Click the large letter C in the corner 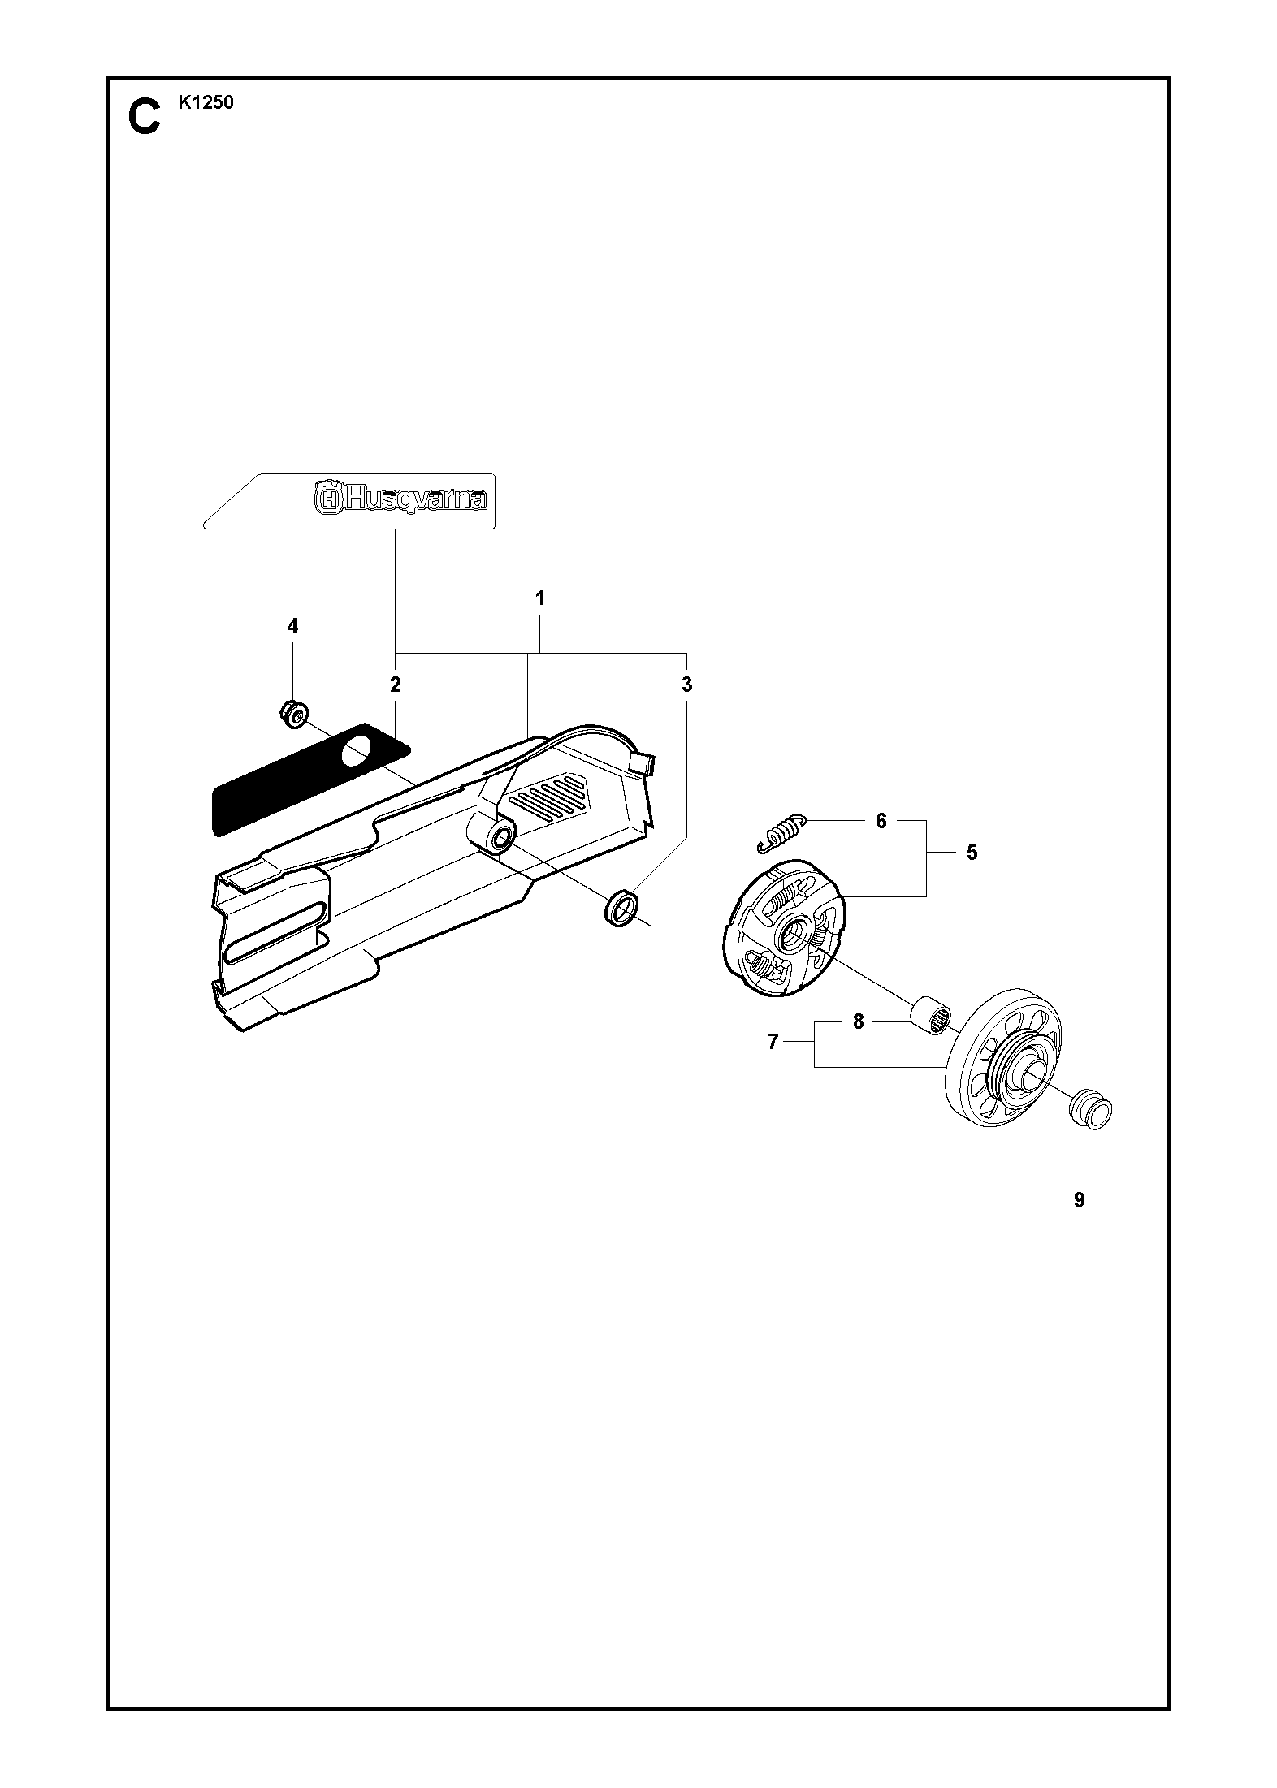145,117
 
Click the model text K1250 205,103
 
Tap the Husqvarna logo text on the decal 400,498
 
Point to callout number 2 396,685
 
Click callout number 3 687,685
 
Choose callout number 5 972,853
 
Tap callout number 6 881,821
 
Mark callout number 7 773,1042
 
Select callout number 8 859,1022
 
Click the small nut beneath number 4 292,713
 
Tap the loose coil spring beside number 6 781,832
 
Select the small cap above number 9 1089,1108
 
